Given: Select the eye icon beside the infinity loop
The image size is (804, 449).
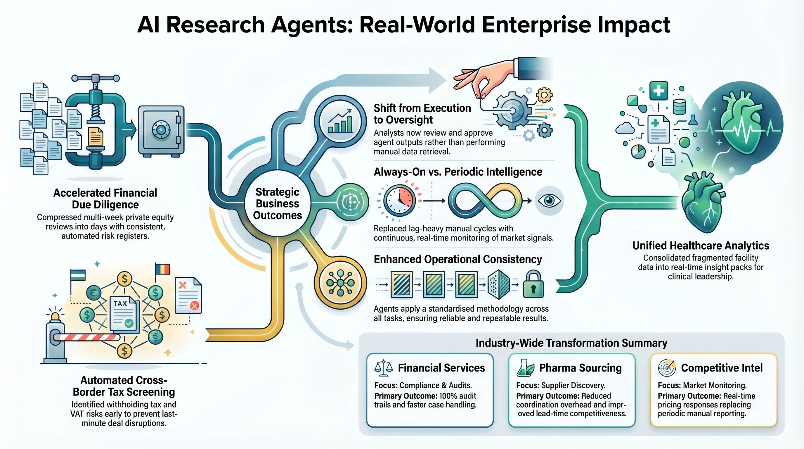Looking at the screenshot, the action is (549, 201).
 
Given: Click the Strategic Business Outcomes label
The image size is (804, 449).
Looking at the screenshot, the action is (278, 203).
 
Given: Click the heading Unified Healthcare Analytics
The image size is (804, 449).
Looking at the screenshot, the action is (701, 246).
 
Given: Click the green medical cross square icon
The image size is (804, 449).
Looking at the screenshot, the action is (659, 91).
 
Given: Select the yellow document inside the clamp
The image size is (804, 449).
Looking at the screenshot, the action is (96, 136).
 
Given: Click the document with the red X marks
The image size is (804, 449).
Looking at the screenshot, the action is (188, 295).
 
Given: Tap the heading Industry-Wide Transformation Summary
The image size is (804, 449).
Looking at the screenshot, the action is (571, 343).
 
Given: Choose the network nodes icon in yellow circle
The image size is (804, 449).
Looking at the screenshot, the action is (340, 283).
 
